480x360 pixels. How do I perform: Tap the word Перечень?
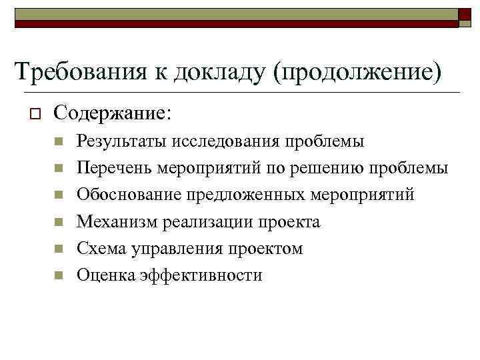click(x=115, y=168)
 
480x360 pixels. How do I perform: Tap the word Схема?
click(x=98, y=248)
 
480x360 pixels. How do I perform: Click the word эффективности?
click(x=200, y=275)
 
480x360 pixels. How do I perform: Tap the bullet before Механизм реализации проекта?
click(x=59, y=221)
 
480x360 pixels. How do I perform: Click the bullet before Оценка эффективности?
click(x=59, y=275)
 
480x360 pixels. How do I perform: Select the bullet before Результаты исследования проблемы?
click(x=59, y=141)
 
